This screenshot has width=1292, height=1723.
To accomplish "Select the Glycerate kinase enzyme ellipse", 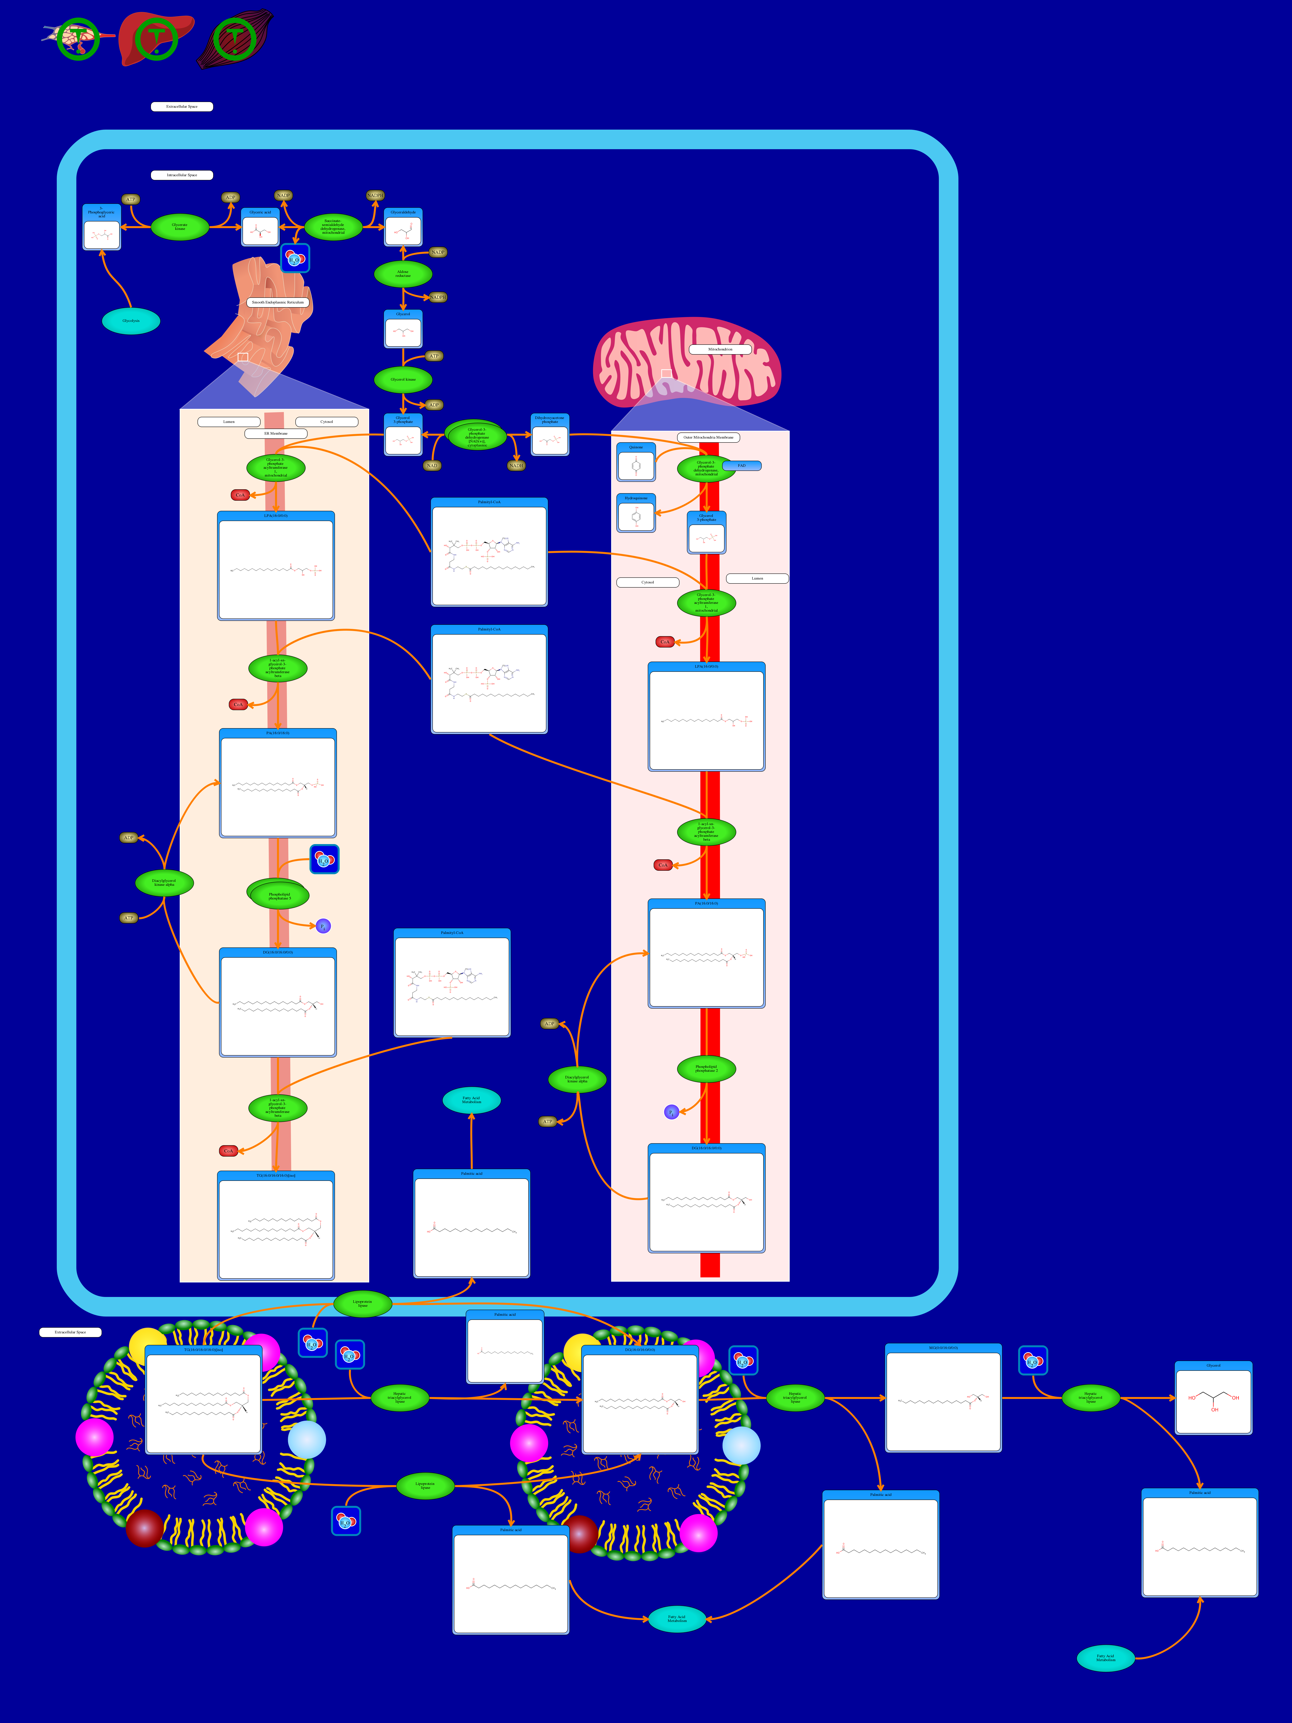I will (x=180, y=227).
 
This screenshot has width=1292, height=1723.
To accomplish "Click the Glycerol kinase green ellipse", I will (x=403, y=379).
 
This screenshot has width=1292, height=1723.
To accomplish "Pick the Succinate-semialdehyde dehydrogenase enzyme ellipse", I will (x=333, y=227).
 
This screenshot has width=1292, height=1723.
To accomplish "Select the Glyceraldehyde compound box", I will (x=403, y=228).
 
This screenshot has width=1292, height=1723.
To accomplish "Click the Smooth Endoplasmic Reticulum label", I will (x=278, y=302).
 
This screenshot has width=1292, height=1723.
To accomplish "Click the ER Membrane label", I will (x=276, y=433).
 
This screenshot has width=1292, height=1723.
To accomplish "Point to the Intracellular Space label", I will (x=181, y=175).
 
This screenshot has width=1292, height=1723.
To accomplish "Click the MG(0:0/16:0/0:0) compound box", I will (x=943, y=1398).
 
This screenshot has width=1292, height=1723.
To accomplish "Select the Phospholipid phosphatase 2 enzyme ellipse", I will (x=706, y=1069).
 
